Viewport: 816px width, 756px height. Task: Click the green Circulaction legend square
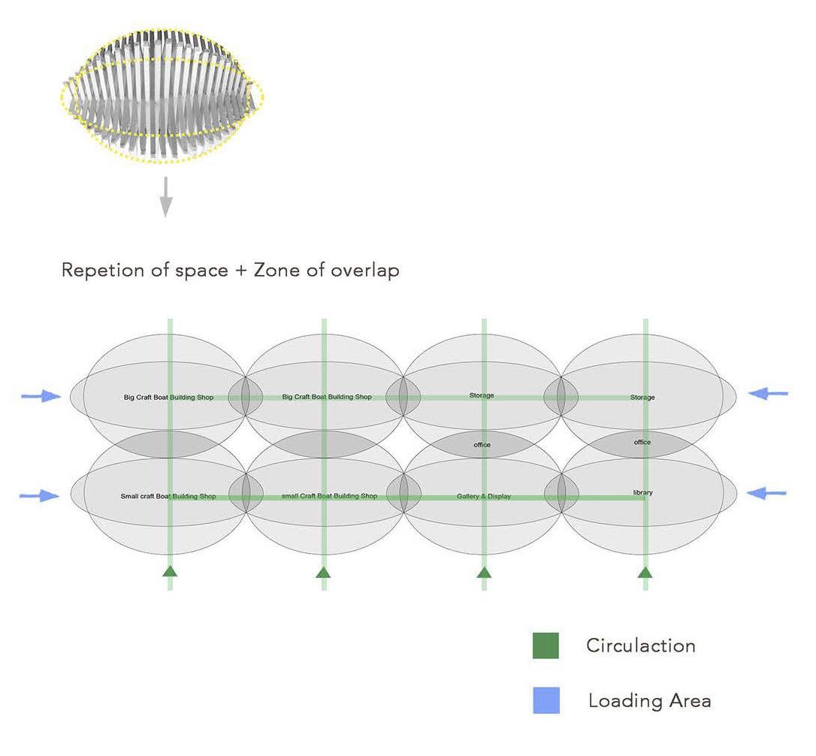tap(546, 646)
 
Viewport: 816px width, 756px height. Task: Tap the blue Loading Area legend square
tap(546, 700)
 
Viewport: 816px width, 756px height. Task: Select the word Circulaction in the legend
tap(640, 646)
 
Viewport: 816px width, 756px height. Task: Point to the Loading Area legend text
tap(649, 701)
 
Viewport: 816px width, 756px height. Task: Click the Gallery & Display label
tap(483, 497)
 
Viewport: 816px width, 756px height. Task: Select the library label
tap(642, 493)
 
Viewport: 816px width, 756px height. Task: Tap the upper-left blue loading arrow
tap(42, 396)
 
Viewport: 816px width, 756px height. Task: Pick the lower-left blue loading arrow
tap(40, 495)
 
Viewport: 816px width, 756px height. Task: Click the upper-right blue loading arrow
tap(768, 393)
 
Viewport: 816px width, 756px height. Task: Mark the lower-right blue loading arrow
tap(767, 493)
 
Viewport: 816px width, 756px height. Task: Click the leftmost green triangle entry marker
tap(170, 571)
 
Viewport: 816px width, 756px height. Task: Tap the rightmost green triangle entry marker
tap(645, 572)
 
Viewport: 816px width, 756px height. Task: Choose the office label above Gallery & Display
tap(482, 445)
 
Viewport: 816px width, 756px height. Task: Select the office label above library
tap(642, 442)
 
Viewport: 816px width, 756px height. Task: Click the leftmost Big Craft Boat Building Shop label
tap(168, 397)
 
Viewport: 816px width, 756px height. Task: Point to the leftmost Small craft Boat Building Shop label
tap(168, 497)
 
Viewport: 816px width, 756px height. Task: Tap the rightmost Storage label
tap(642, 397)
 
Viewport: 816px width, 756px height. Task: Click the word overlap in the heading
tap(365, 270)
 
